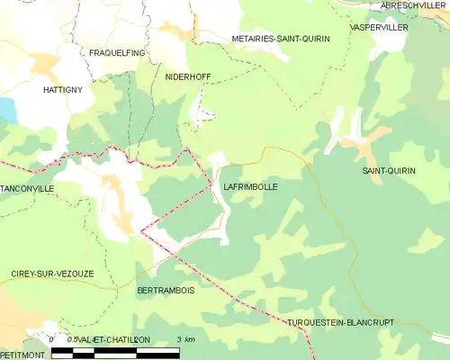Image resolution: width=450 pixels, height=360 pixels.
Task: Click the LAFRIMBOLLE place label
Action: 249,187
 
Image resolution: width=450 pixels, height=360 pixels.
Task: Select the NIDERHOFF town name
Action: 188,77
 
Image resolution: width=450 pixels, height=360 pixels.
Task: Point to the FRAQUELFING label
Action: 116,53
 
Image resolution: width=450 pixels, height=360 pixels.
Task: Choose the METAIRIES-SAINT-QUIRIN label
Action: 280,39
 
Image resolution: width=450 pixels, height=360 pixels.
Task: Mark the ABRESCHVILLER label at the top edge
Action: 413,5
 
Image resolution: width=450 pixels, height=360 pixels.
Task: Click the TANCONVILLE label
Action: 27,188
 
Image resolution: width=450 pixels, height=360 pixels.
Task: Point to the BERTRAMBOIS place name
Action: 166,291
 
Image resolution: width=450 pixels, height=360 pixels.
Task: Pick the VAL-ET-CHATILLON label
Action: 112,339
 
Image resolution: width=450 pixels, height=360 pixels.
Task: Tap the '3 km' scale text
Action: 185,339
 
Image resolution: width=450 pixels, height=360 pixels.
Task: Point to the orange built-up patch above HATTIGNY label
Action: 43,65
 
